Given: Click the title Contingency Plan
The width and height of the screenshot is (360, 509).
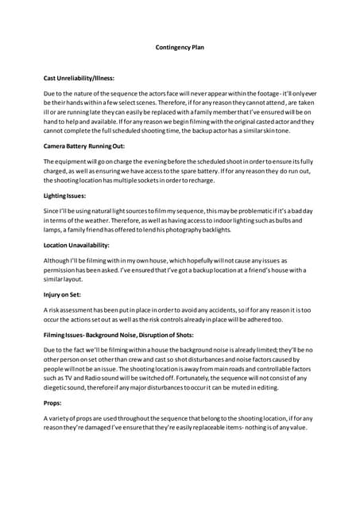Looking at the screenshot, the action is pyautogui.click(x=180, y=47).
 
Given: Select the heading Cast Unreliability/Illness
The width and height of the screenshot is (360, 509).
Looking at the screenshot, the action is pyautogui.click(x=79, y=78).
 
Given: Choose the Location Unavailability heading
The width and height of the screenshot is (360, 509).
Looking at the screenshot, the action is pyautogui.click(x=76, y=244).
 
